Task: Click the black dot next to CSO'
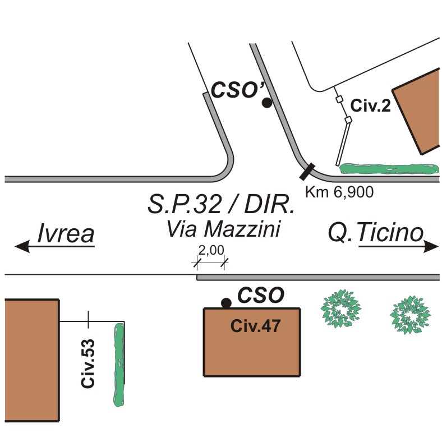pos(267,103)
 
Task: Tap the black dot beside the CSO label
pos(226,303)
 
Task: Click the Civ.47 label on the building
pos(255,326)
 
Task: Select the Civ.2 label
pos(370,105)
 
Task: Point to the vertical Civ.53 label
pos(88,363)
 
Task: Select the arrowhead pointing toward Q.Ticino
pos(431,246)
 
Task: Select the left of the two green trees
pos(340,309)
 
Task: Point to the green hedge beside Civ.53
pos(119,364)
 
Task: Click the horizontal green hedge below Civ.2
pos(390,168)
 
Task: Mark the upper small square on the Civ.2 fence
pos(339,99)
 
